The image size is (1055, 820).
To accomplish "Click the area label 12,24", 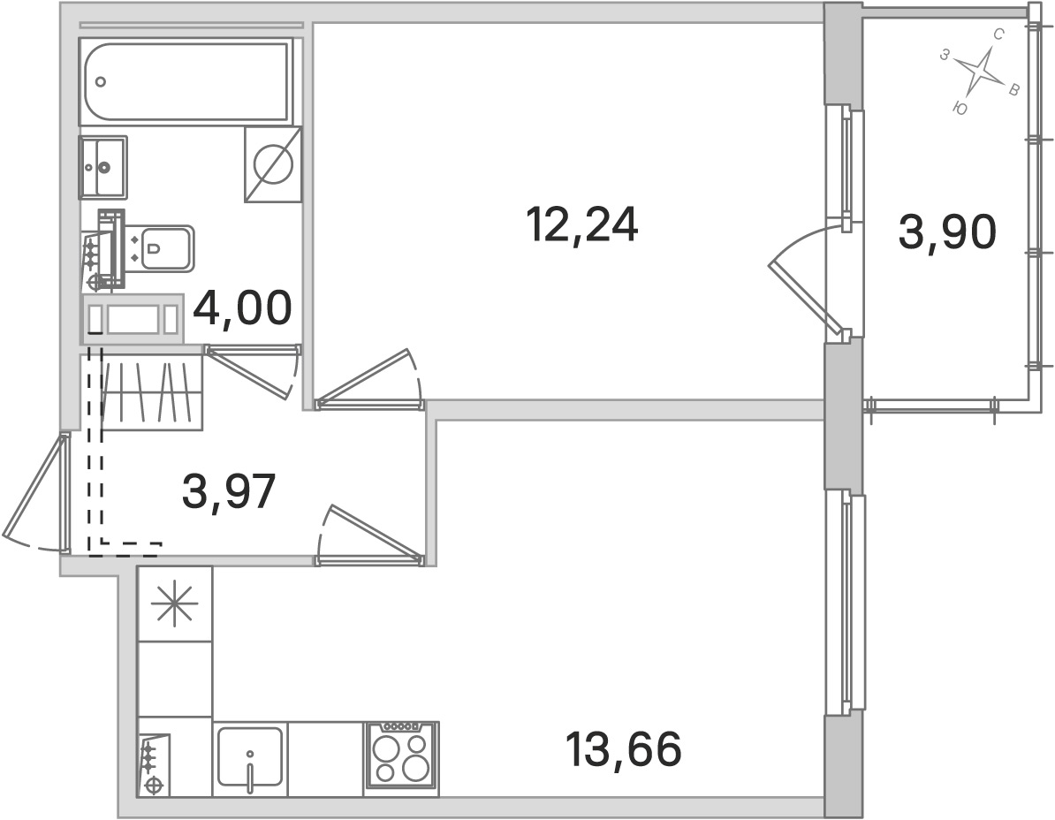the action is click(x=582, y=224).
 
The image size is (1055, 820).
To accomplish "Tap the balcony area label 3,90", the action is click(x=946, y=232).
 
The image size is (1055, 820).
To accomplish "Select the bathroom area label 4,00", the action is click(x=242, y=308).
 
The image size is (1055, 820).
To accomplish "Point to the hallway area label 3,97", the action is click(x=229, y=490).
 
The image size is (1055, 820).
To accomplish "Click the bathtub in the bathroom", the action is click(x=185, y=81).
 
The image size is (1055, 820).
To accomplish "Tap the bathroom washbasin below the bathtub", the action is click(x=103, y=167).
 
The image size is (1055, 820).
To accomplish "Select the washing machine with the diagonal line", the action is click(x=272, y=164).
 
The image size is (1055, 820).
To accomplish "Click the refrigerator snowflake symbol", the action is click(x=174, y=604).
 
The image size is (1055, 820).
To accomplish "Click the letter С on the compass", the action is click(x=999, y=34).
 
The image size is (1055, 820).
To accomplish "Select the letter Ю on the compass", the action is click(x=960, y=109).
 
